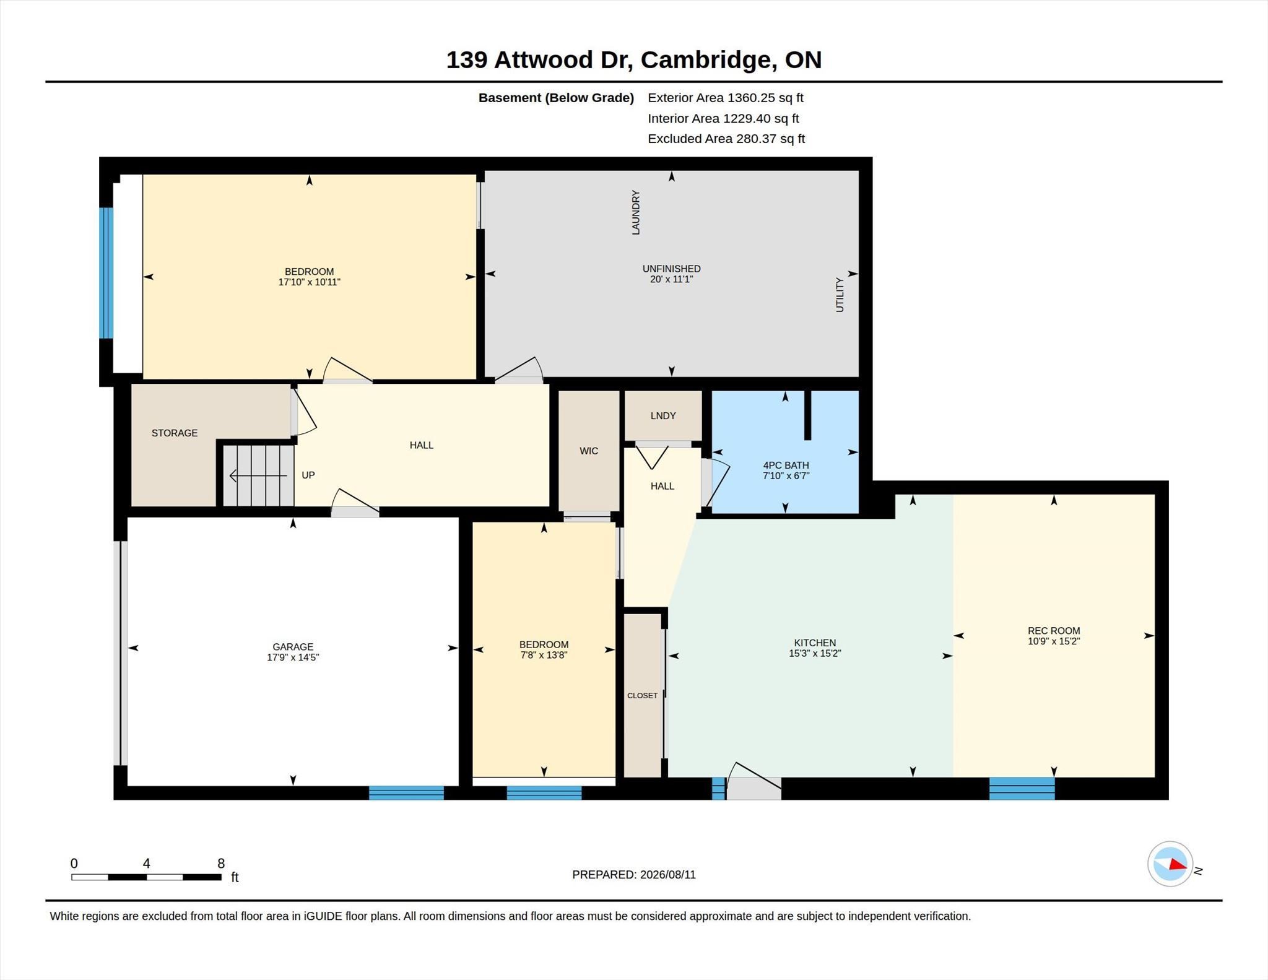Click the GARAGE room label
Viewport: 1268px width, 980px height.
click(293, 646)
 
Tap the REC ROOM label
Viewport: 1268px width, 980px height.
click(1054, 630)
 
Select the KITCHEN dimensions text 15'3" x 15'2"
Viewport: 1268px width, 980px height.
click(815, 653)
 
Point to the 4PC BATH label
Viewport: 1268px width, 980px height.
click(786, 465)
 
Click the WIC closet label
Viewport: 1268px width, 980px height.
click(589, 451)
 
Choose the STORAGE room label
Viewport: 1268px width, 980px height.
click(175, 433)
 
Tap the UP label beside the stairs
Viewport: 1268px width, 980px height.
click(308, 475)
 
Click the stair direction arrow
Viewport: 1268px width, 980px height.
click(258, 475)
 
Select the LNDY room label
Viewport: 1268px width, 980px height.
click(663, 415)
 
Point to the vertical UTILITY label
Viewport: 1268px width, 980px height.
click(840, 295)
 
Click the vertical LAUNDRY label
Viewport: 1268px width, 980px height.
click(635, 212)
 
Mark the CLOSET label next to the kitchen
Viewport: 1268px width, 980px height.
click(642, 695)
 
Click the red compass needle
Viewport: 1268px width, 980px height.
click(1177, 864)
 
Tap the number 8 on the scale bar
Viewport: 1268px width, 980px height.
click(221, 863)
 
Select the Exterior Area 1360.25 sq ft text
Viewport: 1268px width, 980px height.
click(726, 97)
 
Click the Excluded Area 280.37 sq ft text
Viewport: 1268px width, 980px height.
click(726, 139)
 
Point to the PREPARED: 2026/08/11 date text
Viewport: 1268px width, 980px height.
click(634, 874)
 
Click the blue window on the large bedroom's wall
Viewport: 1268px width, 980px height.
click(106, 273)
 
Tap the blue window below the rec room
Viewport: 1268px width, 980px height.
click(1022, 788)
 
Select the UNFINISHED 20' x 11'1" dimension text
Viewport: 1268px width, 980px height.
click(671, 274)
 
